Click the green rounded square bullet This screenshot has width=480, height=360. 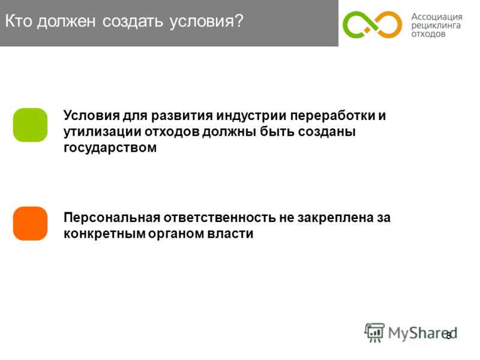click(31, 125)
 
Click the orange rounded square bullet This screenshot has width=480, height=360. click(31, 223)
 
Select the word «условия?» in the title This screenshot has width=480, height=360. click(206, 22)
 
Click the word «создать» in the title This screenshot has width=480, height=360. click(133, 22)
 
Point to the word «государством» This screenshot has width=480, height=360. click(110, 148)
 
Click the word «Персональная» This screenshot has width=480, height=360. click(112, 218)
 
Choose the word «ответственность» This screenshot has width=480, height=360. click(220, 218)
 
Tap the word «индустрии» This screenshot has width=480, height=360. click(251, 116)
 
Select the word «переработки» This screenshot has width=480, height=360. click(332, 116)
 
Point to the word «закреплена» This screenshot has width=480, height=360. click(335, 218)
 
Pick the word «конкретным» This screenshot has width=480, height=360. click(104, 234)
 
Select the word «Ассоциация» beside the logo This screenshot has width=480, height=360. click(437, 17)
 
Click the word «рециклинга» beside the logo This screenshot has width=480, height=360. click(436, 25)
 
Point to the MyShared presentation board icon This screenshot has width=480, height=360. click(374, 332)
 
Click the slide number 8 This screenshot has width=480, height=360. click(448, 336)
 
